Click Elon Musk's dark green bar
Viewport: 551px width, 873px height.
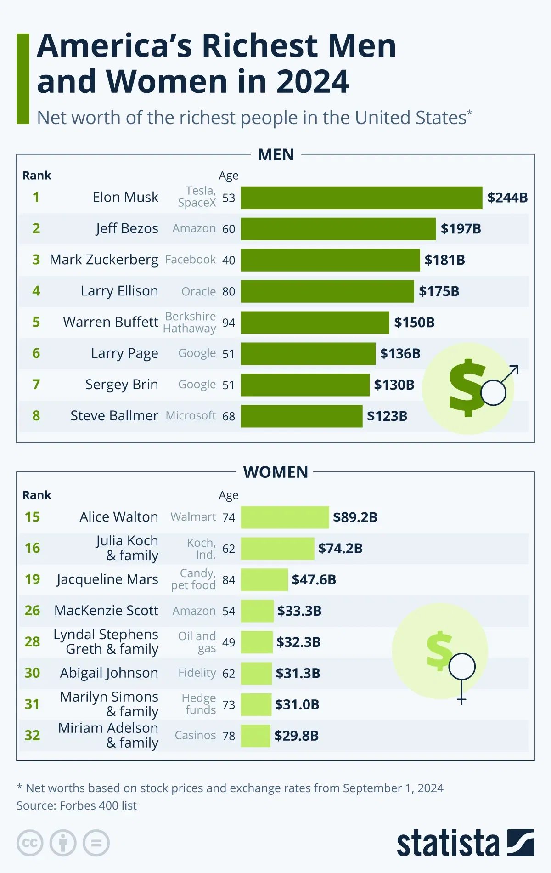(x=361, y=198)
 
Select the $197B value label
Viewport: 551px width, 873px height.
(x=461, y=229)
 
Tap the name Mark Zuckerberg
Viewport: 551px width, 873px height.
(x=104, y=260)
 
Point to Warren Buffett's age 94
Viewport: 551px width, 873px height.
(x=229, y=323)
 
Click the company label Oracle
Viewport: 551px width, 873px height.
(x=198, y=291)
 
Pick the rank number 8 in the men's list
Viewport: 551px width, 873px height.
(x=36, y=416)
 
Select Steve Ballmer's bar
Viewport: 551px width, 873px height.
(x=301, y=416)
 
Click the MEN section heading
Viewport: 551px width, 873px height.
(x=276, y=155)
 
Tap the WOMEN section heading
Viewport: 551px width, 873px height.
(x=275, y=472)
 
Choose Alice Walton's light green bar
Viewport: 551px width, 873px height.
(x=285, y=517)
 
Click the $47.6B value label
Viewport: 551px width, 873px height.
(x=314, y=580)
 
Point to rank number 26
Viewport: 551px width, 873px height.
(x=32, y=611)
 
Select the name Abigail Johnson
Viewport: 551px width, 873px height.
(x=109, y=673)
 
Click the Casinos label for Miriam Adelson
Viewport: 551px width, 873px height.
(x=195, y=735)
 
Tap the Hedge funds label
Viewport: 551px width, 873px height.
(x=199, y=704)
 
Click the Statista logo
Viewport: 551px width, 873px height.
(x=465, y=843)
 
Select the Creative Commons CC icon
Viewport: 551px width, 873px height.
(x=30, y=843)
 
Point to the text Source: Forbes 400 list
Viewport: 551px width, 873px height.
(x=77, y=805)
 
